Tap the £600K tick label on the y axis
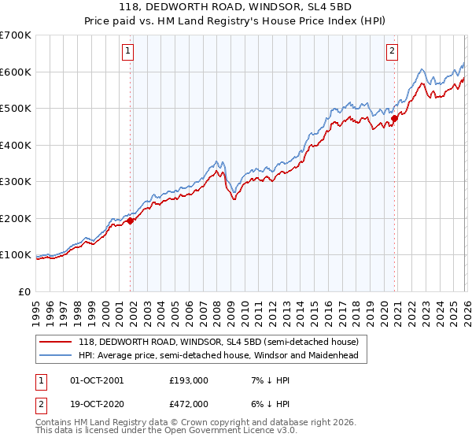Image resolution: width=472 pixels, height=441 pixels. coord(16,72)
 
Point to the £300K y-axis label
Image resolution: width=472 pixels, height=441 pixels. coord(16,182)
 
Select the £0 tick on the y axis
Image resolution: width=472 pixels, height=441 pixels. coord(25,292)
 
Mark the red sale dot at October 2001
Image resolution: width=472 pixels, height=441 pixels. coord(130,221)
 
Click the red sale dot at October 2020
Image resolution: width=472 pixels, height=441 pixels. coord(394,119)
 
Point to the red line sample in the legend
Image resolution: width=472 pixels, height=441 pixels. coord(56,342)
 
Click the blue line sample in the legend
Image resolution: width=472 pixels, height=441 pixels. coord(56,355)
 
